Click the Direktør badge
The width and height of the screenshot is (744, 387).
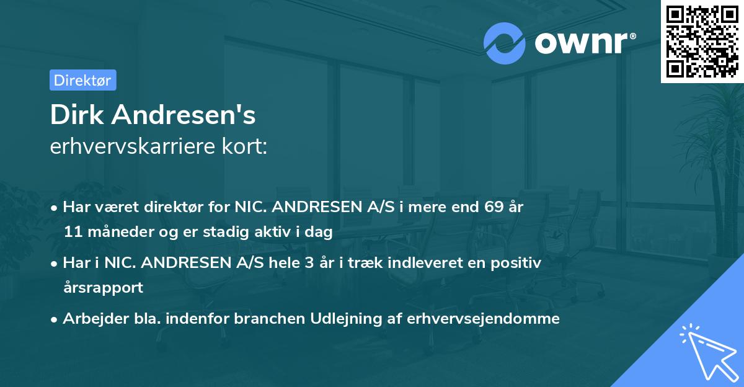tap(82, 80)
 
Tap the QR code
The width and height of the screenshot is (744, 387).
tap(702, 41)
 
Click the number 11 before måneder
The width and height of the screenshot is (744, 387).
tap(72, 233)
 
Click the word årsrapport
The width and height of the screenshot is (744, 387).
tap(103, 288)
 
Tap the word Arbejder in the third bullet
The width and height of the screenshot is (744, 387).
tap(89, 319)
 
